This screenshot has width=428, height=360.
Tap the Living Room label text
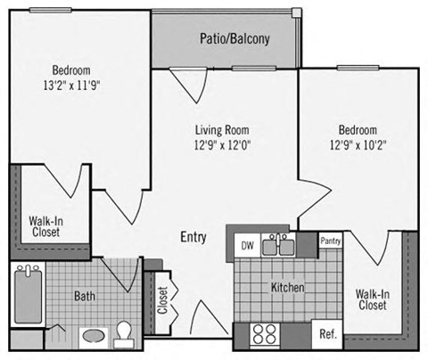click(x=222, y=129)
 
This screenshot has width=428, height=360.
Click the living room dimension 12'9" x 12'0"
click(x=222, y=144)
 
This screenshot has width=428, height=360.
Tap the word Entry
click(x=193, y=237)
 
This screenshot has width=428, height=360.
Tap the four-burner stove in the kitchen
click(x=265, y=334)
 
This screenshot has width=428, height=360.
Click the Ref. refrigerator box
click(x=326, y=335)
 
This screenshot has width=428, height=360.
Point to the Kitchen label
click(x=288, y=288)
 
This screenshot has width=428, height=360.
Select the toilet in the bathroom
click(x=126, y=332)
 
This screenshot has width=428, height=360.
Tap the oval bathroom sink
click(x=92, y=338)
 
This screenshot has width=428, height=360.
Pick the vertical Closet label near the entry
click(x=161, y=301)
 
